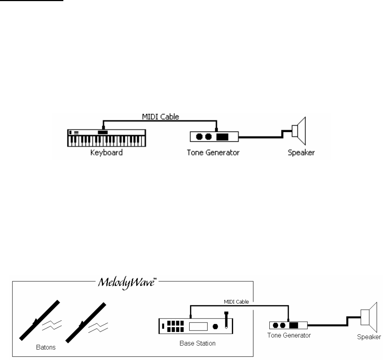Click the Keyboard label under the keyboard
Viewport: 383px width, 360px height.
tap(106, 152)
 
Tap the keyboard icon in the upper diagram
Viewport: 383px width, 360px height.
tap(107, 137)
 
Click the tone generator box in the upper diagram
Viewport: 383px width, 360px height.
tap(214, 137)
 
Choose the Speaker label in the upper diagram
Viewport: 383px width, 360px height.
tap(300, 152)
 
